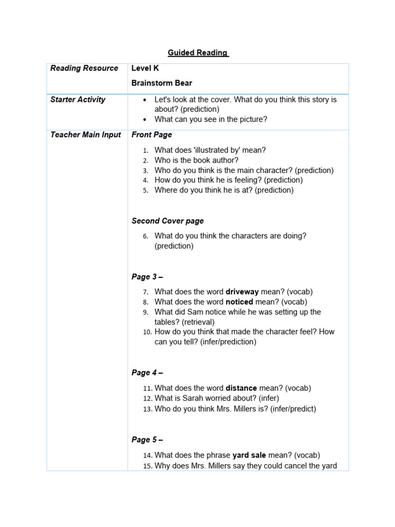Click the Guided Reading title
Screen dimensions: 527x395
pos(198,52)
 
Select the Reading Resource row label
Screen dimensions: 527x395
pos(84,68)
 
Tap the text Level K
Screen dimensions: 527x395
pos(145,68)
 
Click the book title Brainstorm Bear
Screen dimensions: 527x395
pos(162,83)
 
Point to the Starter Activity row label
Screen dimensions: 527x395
pos(78,100)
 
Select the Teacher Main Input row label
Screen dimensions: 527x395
pos(85,135)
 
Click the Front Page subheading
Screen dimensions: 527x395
pos(152,135)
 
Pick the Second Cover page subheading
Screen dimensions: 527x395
pos(168,221)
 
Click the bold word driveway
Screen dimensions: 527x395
pos(242,292)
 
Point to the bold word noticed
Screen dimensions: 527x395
pos(240,302)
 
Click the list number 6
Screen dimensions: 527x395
pos(146,236)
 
